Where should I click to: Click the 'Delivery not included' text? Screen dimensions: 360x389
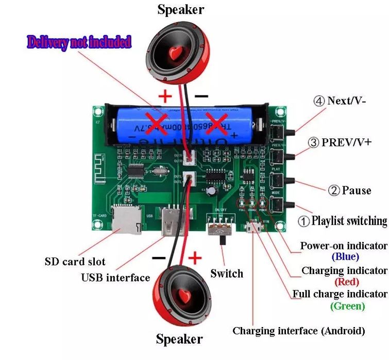click(x=79, y=42)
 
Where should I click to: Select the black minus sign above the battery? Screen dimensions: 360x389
click(x=201, y=96)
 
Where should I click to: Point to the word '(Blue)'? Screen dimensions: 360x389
click(x=345, y=256)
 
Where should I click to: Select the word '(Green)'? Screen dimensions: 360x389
click(x=347, y=306)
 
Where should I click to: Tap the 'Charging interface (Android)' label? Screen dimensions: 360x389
click(x=298, y=331)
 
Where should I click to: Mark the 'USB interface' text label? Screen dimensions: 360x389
click(x=115, y=278)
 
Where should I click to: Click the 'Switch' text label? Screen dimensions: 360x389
click(x=226, y=273)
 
